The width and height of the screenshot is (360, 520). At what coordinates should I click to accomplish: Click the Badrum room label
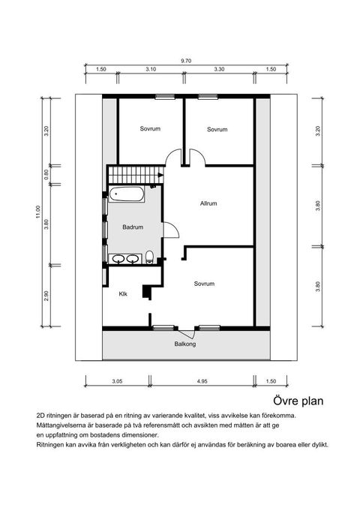point(133,227)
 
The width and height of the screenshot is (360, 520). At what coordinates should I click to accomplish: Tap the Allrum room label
point(208,203)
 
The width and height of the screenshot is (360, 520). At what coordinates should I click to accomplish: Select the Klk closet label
point(123,294)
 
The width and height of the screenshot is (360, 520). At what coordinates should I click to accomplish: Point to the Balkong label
point(185,344)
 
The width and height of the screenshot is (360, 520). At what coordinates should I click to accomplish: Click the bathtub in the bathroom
point(127,194)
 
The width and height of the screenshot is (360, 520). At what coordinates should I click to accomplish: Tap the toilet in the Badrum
point(149,257)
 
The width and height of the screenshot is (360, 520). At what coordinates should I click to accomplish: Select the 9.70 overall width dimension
point(186,61)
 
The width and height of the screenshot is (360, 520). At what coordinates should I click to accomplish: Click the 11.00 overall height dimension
point(37,212)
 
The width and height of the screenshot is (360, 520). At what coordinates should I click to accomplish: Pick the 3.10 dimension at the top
point(151,69)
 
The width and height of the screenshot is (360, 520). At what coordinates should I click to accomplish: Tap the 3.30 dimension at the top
point(219,69)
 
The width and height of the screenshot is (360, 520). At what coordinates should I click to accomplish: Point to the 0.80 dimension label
point(46,174)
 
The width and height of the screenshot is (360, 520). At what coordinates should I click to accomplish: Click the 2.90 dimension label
point(46,296)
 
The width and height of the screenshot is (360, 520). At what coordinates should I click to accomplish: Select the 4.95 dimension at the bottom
point(202,381)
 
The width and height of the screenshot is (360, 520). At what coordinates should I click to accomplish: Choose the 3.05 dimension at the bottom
point(117,381)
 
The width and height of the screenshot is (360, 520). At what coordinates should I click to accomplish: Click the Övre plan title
point(298,401)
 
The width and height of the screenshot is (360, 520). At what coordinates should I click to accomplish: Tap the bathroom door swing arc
point(175,227)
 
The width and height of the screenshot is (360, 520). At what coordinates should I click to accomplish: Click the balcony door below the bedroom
point(186,333)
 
